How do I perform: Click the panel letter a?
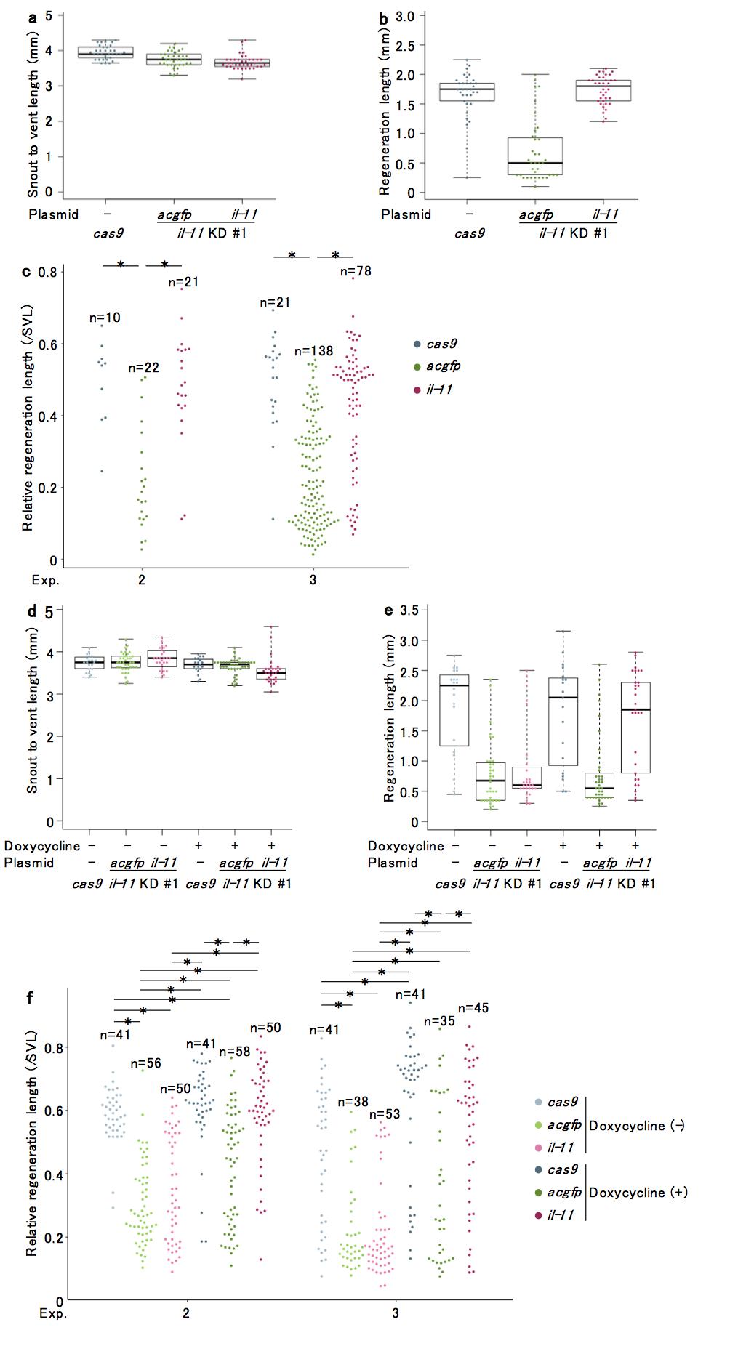click(32, 18)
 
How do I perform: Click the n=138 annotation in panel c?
click(313, 351)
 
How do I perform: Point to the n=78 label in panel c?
click(356, 271)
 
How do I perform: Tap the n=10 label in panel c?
click(105, 318)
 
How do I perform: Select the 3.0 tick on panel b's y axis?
click(406, 16)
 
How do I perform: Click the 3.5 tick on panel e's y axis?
click(409, 610)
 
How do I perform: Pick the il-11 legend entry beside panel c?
click(439, 390)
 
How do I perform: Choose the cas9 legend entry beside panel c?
click(441, 344)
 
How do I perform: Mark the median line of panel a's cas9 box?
click(106, 54)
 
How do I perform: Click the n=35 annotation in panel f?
click(439, 1021)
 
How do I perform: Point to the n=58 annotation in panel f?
click(234, 1052)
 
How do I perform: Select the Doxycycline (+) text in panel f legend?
click(638, 1192)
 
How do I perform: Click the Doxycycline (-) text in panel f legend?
click(636, 1125)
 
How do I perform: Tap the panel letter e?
click(388, 610)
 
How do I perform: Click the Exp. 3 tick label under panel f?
click(396, 1313)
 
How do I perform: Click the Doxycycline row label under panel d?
click(41, 845)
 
